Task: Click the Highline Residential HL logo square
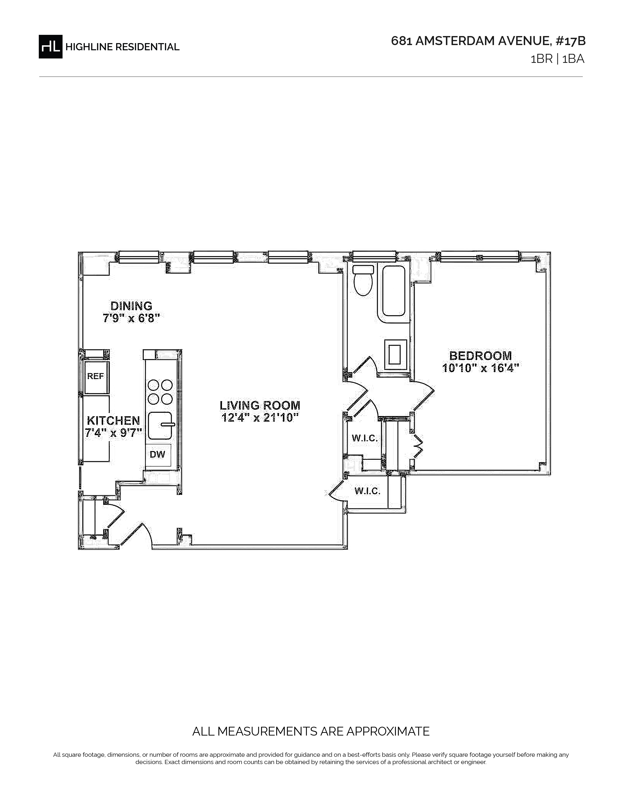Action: [x=50, y=46]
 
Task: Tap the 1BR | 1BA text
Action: [x=557, y=59]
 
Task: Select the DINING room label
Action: [x=131, y=306]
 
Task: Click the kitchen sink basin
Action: [x=160, y=426]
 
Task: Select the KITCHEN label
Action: [x=113, y=421]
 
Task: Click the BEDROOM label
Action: [x=481, y=356]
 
